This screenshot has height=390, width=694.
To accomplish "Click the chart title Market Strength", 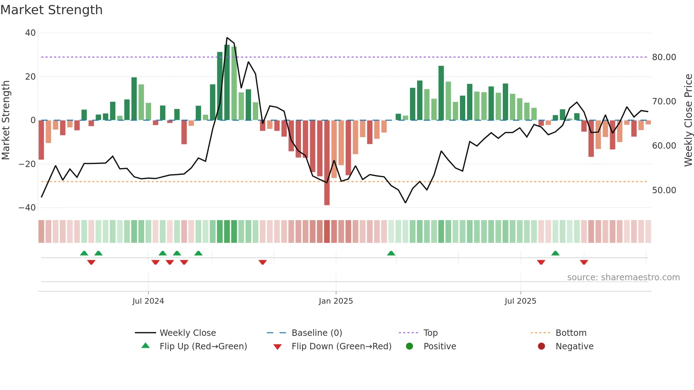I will tap(51, 10).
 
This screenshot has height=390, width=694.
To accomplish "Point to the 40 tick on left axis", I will tap(30, 33).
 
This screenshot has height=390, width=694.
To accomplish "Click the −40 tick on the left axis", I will tap(28, 208).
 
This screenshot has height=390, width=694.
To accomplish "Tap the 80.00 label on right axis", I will tap(664, 57).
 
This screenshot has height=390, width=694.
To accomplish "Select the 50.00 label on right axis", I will tap(664, 190).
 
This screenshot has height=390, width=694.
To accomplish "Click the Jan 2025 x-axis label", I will tap(336, 301).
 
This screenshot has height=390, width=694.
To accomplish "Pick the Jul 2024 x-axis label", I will tap(148, 301).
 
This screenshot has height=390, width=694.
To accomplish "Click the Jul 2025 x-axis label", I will tap(520, 301).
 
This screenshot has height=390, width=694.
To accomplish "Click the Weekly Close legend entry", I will tap(187, 333).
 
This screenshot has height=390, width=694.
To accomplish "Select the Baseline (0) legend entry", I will tap(317, 333).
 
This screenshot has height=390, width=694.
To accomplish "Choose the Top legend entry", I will tap(430, 333).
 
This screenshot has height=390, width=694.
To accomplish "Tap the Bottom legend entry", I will tap(571, 333).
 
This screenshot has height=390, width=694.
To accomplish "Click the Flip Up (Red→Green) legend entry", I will tap(203, 346).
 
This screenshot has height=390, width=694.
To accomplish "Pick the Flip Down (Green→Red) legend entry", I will tap(341, 346).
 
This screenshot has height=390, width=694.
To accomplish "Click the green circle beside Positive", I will tap(409, 346).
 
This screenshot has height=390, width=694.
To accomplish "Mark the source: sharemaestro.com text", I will tap(623, 277).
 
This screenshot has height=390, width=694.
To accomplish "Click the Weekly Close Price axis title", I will tap(688, 120).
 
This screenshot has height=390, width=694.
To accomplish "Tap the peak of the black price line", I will tap(227, 38).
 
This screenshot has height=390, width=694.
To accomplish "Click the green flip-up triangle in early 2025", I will tap(391, 253).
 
